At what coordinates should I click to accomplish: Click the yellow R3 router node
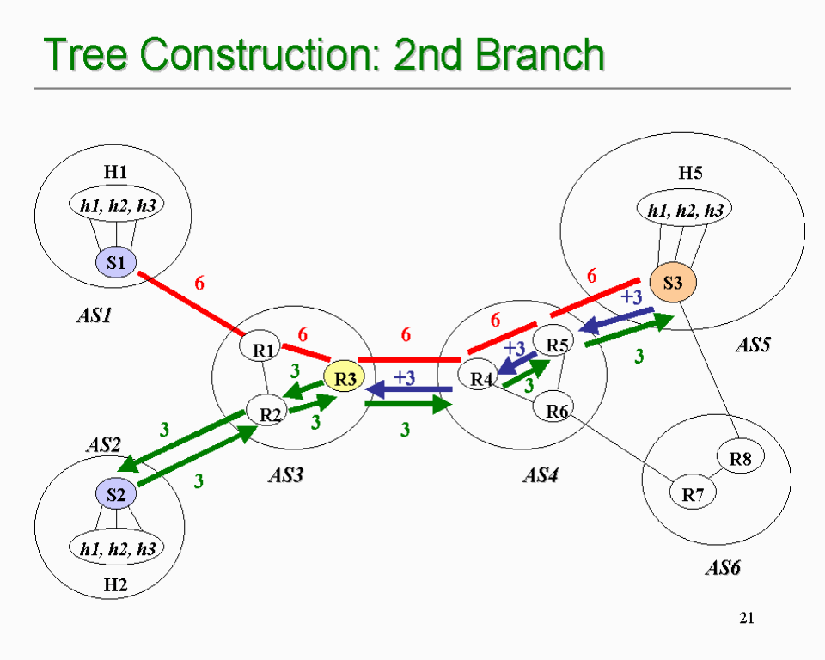click(345, 377)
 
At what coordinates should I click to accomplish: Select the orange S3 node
click(672, 281)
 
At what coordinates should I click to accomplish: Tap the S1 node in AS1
click(116, 262)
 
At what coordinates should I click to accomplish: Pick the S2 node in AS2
click(116, 494)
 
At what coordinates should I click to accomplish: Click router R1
click(264, 349)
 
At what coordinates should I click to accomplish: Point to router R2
click(271, 413)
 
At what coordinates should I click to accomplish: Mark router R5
click(558, 345)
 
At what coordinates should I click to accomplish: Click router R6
click(557, 411)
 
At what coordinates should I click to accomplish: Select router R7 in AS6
click(693, 494)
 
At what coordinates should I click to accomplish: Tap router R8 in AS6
click(740, 459)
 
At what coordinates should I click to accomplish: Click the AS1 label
click(94, 315)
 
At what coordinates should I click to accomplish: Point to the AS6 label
click(723, 568)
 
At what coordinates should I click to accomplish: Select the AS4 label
click(541, 474)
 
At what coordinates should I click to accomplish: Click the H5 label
click(690, 173)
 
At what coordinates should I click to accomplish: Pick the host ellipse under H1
click(117, 205)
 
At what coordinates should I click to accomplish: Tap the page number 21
click(746, 617)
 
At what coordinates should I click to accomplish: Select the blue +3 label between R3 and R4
click(404, 377)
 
